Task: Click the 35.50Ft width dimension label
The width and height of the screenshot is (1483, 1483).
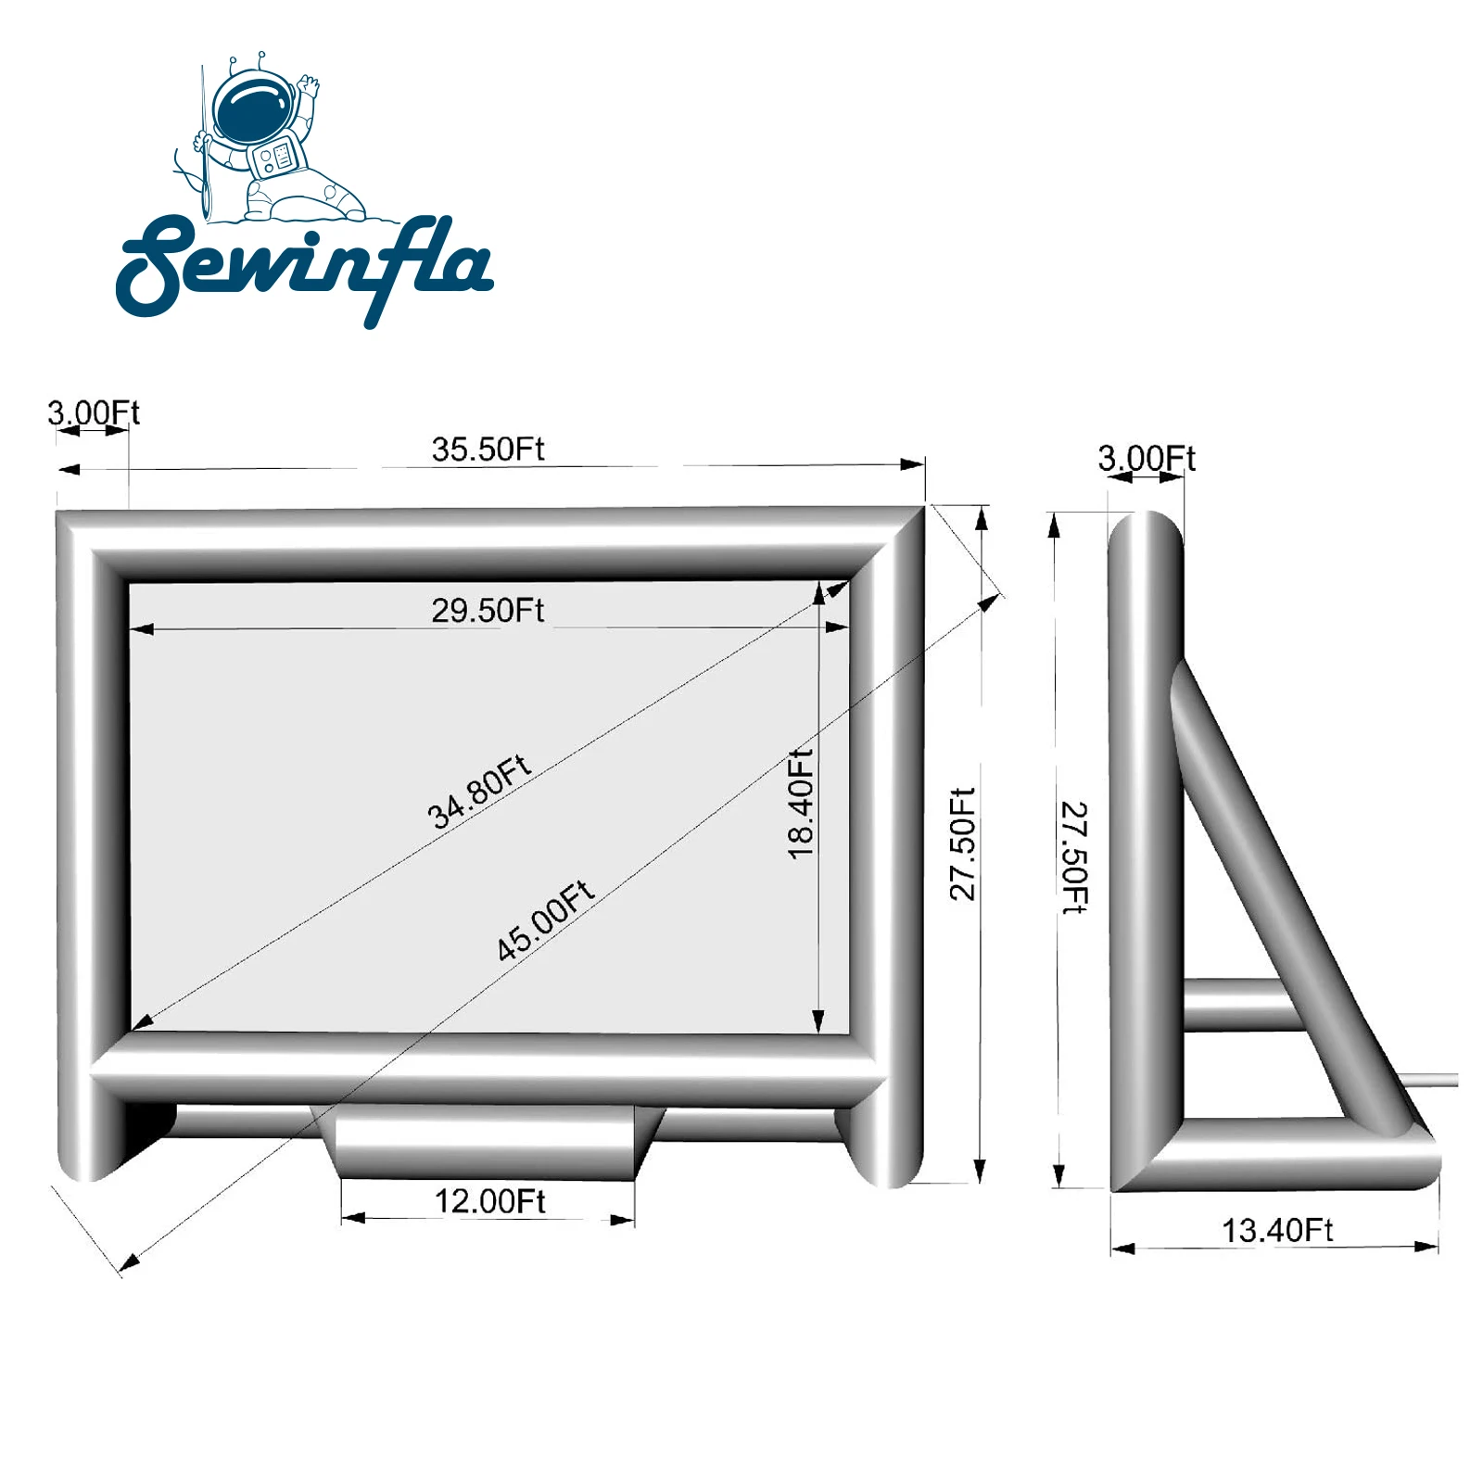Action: tap(488, 450)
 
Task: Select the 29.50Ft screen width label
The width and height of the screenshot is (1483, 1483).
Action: tap(488, 611)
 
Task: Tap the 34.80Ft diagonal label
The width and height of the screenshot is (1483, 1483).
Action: tap(478, 791)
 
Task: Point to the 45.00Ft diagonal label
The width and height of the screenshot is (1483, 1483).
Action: tap(545, 920)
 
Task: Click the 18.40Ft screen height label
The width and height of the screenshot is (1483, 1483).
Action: tap(800, 804)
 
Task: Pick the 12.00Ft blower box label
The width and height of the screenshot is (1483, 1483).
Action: tap(489, 1201)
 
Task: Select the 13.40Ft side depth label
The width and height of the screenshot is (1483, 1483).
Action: tap(1276, 1230)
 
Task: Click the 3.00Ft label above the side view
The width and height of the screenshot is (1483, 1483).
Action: tap(1147, 458)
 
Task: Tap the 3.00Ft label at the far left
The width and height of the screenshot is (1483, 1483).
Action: tap(94, 412)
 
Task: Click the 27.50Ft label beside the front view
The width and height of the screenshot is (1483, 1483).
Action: tap(963, 843)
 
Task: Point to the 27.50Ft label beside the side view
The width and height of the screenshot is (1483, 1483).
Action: tap(1074, 857)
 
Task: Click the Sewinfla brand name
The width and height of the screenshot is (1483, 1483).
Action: tap(306, 267)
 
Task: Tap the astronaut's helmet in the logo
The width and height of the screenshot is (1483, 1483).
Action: tap(252, 106)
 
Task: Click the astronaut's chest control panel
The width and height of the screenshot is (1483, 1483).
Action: tap(278, 155)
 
